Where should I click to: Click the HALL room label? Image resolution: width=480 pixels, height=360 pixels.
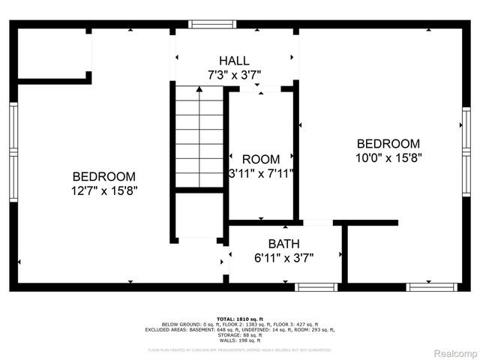(x=234, y=61)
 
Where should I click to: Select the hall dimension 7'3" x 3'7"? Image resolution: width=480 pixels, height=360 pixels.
(x=234, y=74)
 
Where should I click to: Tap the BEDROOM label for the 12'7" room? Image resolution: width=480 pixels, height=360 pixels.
(x=104, y=176)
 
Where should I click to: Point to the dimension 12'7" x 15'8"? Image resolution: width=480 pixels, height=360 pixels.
(x=104, y=190)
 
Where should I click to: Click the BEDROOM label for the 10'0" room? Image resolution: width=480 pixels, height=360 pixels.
(x=388, y=144)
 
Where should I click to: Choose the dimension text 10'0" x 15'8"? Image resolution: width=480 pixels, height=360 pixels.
(x=388, y=158)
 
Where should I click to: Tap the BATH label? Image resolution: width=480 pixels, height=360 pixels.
(x=283, y=244)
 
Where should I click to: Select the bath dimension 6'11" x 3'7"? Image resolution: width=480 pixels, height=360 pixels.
(x=283, y=257)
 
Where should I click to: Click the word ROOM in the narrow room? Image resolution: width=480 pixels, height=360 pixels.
(x=260, y=159)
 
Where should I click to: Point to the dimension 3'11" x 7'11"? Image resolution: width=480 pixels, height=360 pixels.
(x=260, y=173)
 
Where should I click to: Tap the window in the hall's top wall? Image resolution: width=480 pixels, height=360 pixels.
(x=212, y=24)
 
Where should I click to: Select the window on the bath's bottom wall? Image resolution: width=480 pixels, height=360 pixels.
(x=316, y=286)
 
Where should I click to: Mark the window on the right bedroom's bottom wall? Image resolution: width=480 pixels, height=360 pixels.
(x=431, y=286)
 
